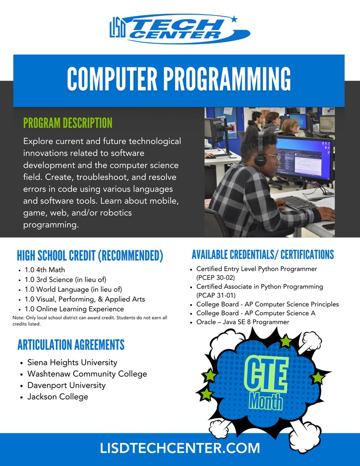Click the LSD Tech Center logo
tap(180, 28)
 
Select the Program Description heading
tap(67, 123)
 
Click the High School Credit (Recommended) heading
tap(90, 256)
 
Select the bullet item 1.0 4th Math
tap(45, 270)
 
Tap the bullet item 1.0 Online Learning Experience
tap(74, 309)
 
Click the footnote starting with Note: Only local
tap(90, 320)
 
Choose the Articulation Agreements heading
tap(71, 344)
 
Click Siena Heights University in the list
tap(72, 363)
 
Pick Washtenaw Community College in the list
tap(87, 374)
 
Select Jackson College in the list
tap(57, 397)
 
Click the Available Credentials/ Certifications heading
tap(263, 254)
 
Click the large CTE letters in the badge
tap(265, 375)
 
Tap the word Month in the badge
tap(266, 402)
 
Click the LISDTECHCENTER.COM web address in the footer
tap(180, 448)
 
